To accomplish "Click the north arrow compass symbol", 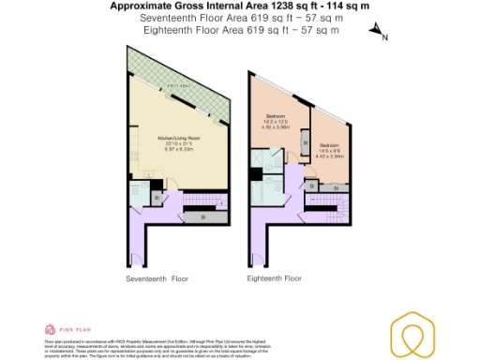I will pyautogui.click(x=378, y=33).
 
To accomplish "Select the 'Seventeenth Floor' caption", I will pyautogui.click(x=157, y=278).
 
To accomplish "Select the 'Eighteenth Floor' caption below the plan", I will pyautogui.click(x=275, y=278).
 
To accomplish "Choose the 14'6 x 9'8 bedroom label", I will pyautogui.click(x=328, y=149).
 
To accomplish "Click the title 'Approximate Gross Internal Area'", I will pyautogui.click(x=187, y=6).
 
